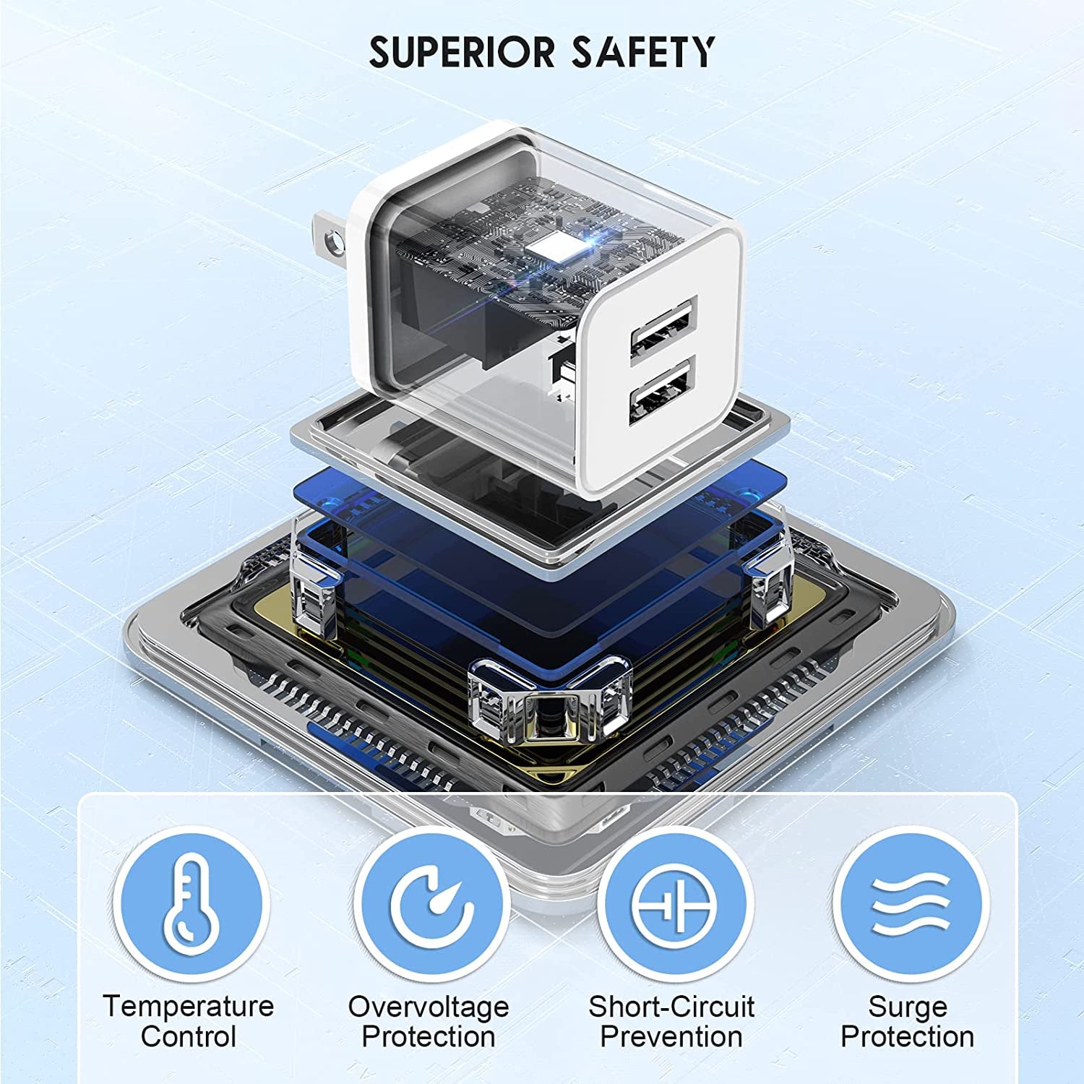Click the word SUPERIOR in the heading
coord(463,53)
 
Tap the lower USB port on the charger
coord(662,395)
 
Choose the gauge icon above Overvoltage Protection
coord(431,904)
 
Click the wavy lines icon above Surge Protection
coord(910,904)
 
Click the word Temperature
coord(189,1006)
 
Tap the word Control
coord(189,1037)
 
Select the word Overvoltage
coord(429,1006)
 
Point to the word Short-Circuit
coord(671,1006)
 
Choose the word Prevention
coord(671,1037)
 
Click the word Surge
coord(908,1006)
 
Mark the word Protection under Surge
coord(908,1037)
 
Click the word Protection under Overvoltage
coord(429,1037)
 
